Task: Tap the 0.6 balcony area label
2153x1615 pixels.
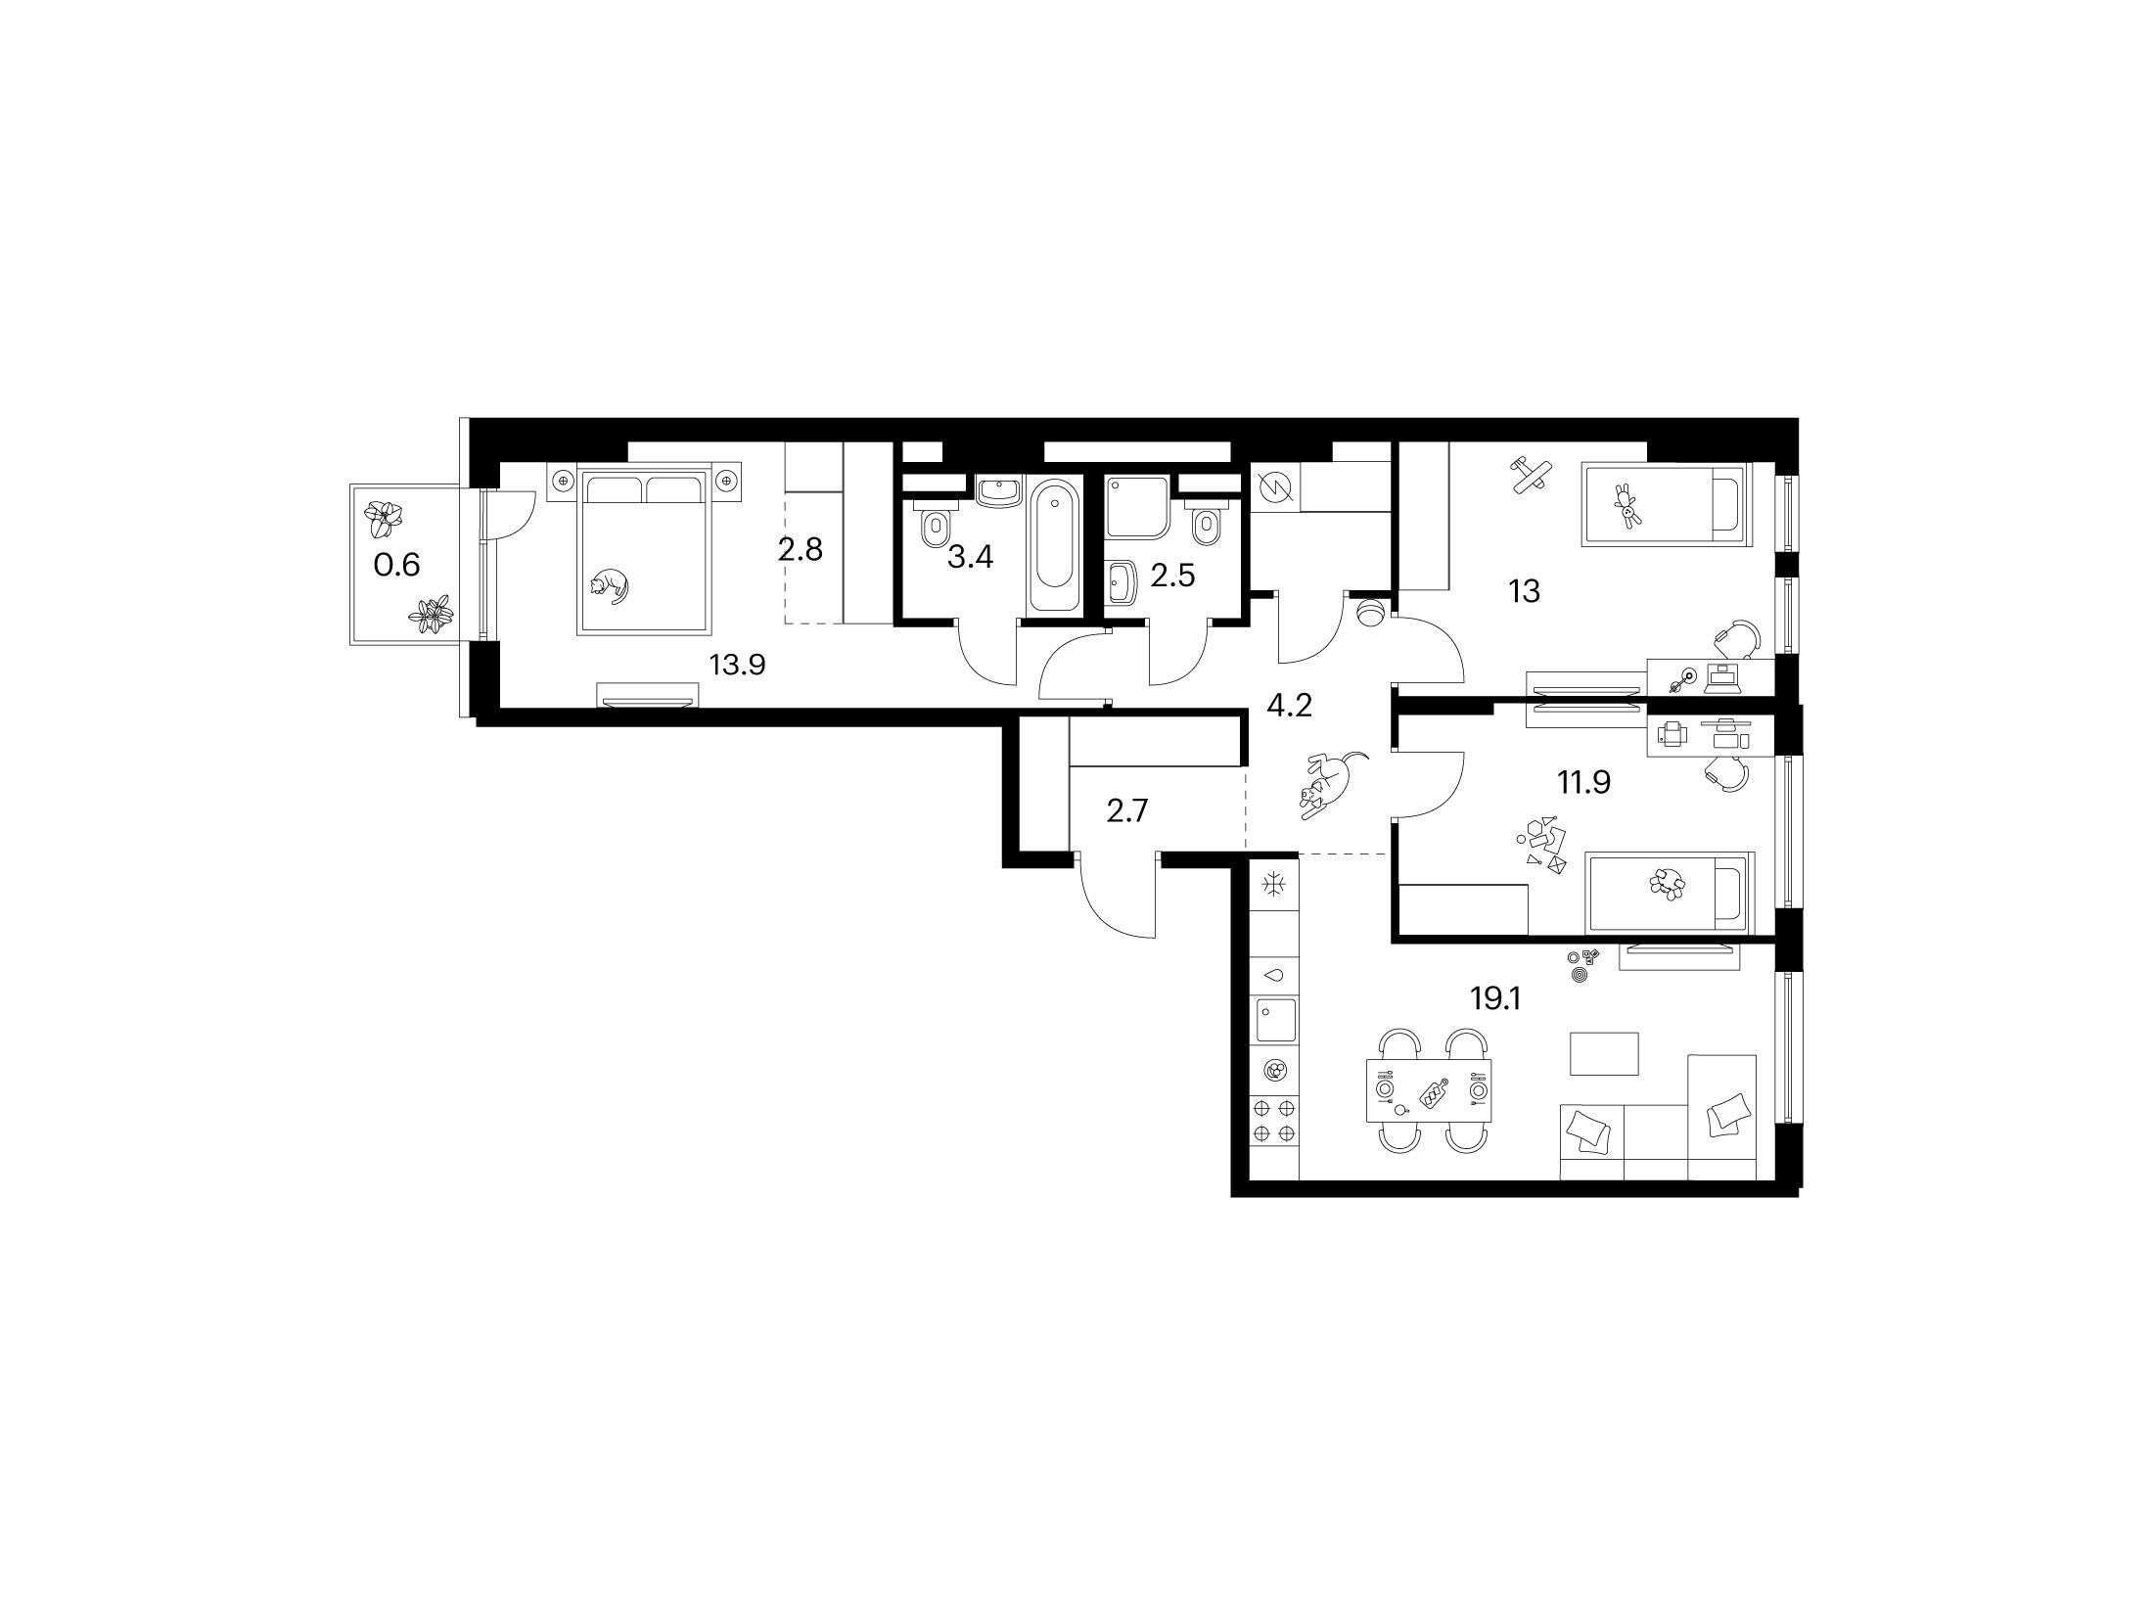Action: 397,565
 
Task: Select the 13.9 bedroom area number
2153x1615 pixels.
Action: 737,666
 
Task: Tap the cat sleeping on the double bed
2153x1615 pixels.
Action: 608,586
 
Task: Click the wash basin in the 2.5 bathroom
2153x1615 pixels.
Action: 1122,584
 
